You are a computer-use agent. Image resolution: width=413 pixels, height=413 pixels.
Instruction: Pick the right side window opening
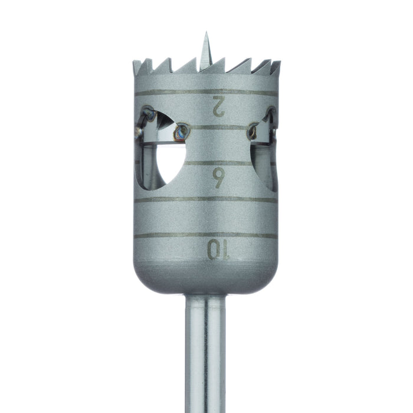click(266, 150)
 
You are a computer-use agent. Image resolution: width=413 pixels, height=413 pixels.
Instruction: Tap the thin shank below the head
click(206, 354)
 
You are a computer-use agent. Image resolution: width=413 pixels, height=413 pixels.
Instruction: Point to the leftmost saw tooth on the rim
click(137, 64)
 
